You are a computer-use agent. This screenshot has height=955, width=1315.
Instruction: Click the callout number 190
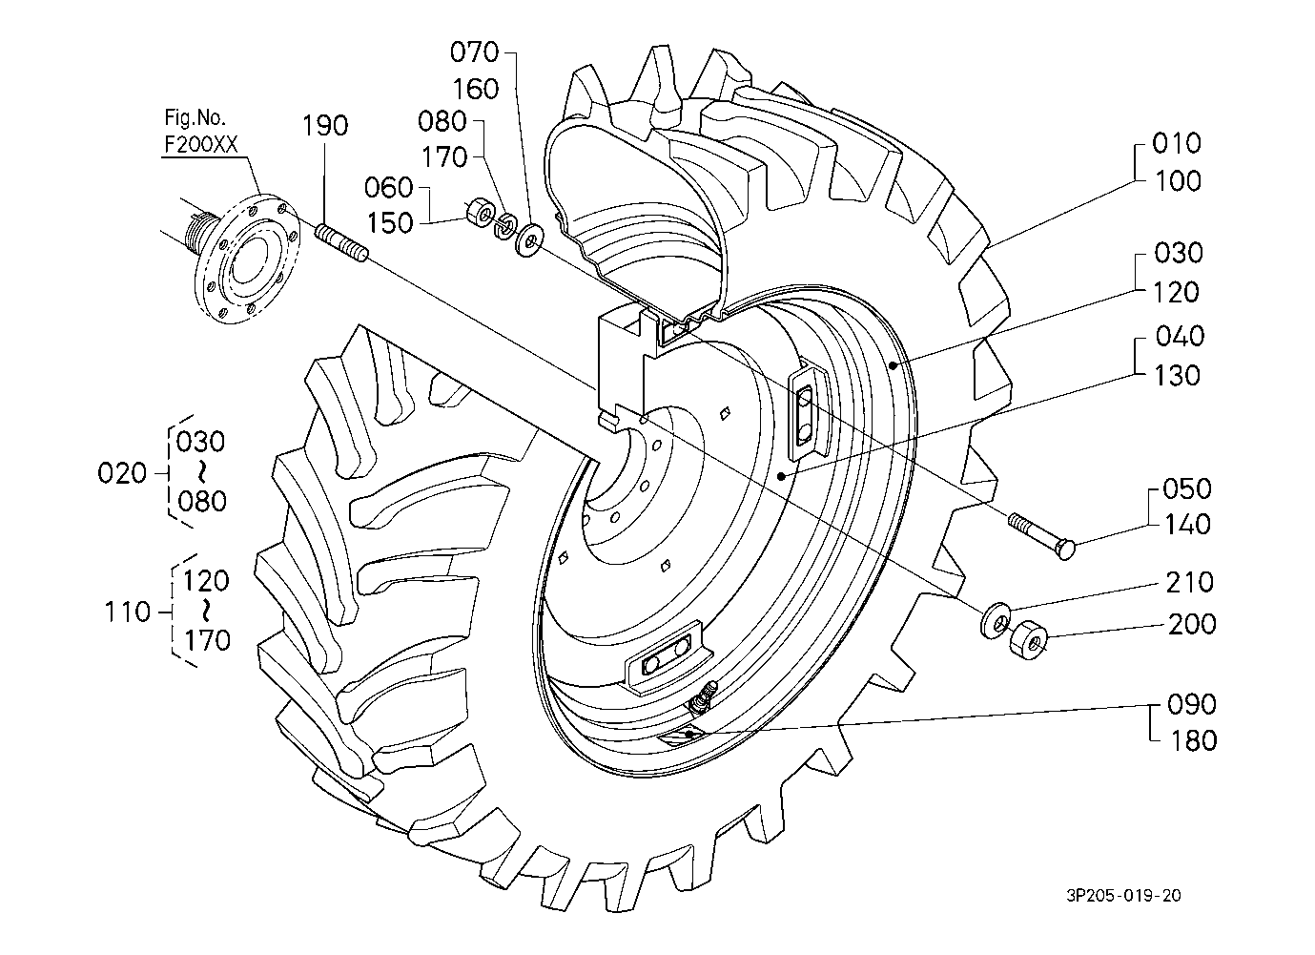click(325, 126)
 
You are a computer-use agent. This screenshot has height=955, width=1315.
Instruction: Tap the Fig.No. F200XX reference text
click(199, 132)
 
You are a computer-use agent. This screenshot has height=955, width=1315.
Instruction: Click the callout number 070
click(475, 51)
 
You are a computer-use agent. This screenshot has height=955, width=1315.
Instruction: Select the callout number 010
click(1177, 144)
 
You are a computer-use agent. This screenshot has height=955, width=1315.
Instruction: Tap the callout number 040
click(1179, 337)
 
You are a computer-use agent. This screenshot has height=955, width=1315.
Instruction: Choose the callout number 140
click(1186, 525)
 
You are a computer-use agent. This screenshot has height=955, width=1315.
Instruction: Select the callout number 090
click(1192, 705)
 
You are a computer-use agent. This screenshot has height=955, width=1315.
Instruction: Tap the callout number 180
click(1192, 741)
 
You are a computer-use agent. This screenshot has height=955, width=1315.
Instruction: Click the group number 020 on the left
click(123, 473)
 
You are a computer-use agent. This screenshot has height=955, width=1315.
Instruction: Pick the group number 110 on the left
click(129, 612)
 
